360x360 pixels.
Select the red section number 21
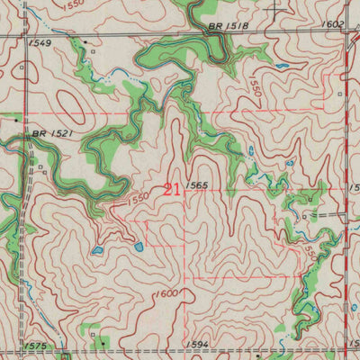pos(171,189)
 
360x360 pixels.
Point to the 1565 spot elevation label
pos(199,185)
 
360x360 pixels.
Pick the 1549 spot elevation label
pos(40,42)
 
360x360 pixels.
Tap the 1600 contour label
pos(166,294)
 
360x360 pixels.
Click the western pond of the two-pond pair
pos(97,252)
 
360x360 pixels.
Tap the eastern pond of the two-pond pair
pos(139,245)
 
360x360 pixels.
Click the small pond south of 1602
pos(283,66)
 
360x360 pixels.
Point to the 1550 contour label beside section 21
pos(137,197)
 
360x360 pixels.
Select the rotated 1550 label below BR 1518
pos(255,87)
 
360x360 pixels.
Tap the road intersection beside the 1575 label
pos(30,352)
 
